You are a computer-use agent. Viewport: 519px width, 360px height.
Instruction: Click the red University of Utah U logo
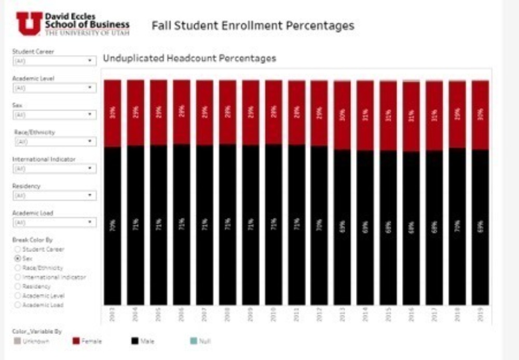(29, 23)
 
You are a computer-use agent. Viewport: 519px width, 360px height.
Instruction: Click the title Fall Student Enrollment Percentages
(253, 25)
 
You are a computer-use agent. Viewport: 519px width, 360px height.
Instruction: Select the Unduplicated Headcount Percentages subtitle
(189, 58)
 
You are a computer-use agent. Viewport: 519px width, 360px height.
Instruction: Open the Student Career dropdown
(54, 61)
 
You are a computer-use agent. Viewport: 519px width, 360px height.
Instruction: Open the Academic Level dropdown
(54, 88)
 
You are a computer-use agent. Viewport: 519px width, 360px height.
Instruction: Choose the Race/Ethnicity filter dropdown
(54, 141)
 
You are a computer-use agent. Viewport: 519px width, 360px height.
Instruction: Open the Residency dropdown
(54, 195)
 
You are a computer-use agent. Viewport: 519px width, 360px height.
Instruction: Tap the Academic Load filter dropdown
(54, 222)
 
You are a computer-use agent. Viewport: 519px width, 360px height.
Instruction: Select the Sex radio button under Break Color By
(18, 258)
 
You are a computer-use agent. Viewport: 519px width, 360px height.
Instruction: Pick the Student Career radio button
(18, 249)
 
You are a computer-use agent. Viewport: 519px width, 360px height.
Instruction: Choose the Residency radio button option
(18, 286)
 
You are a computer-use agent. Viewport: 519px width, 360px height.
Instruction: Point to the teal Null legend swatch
(194, 341)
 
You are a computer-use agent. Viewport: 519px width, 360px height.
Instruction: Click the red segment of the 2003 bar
(112, 113)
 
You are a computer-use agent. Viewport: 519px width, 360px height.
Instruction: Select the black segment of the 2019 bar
(480, 227)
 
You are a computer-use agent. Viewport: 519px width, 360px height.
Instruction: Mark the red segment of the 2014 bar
(365, 115)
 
